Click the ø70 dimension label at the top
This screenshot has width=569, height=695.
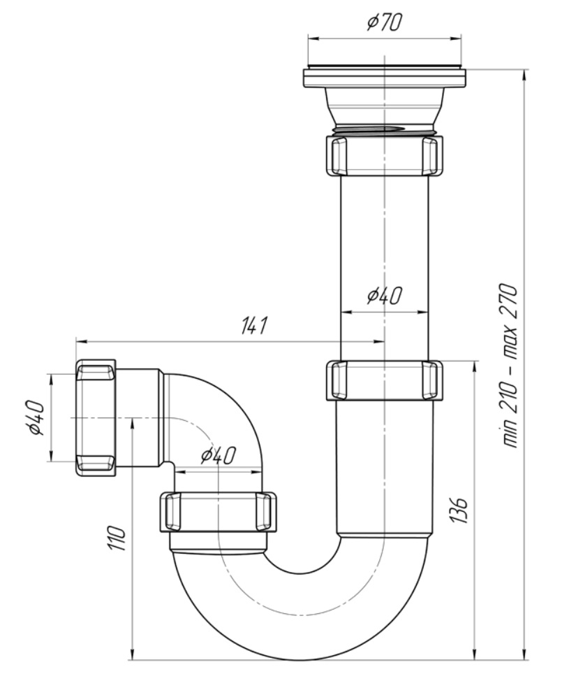(383, 23)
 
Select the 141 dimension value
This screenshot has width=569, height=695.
(255, 326)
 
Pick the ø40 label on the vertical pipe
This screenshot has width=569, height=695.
(384, 296)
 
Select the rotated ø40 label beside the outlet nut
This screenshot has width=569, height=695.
(36, 418)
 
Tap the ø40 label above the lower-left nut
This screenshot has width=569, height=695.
(217, 456)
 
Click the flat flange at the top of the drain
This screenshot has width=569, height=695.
(384, 77)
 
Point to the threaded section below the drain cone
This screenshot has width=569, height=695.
(384, 131)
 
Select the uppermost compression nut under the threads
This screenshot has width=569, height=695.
(384, 155)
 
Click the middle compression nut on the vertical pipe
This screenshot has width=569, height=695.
(384, 380)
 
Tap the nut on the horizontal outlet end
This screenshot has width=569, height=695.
(96, 418)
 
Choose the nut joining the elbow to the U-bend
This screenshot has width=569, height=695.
(218, 511)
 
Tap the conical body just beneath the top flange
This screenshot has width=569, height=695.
(384, 105)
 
